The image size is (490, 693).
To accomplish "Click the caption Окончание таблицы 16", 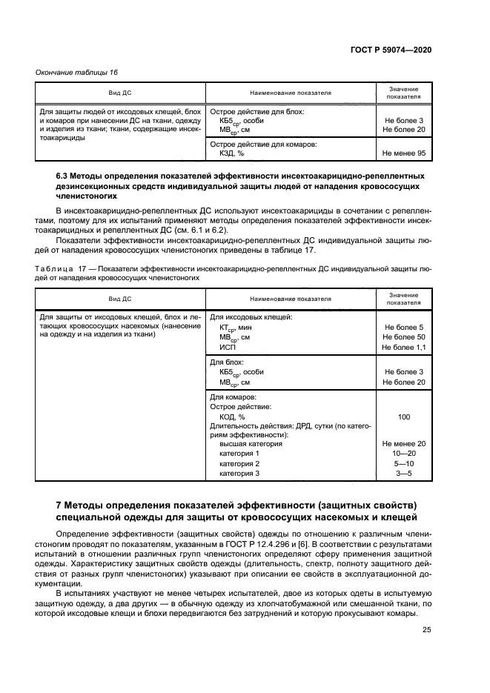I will (77, 72).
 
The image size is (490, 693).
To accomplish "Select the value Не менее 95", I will (403, 153).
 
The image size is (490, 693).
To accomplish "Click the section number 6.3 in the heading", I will (63, 176).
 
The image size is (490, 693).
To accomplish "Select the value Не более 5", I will (403, 327).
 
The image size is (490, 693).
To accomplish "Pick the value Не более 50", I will (403, 336).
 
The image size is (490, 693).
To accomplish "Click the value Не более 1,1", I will (403, 347).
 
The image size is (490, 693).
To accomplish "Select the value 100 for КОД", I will (403, 417).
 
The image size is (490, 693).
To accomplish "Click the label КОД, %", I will (234, 417).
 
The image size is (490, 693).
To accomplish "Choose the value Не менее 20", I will (403, 443).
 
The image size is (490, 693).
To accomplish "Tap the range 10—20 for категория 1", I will (403, 453).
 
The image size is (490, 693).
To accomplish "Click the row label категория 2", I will (239, 463).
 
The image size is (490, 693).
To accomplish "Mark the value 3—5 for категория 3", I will (403, 473).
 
